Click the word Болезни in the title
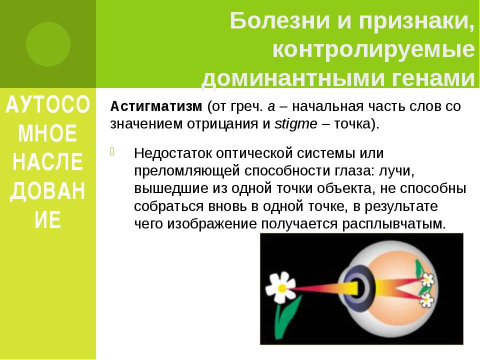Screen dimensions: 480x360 [280, 21]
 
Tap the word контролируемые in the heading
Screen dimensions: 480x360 [373, 49]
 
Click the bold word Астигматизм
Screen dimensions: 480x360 [156, 106]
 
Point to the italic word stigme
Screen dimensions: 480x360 [295, 124]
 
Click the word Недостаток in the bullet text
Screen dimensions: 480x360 [172, 153]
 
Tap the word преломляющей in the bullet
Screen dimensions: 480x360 [186, 171]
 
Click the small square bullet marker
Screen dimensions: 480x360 [112, 151]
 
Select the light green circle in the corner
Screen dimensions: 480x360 [48, 44]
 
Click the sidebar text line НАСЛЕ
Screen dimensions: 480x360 [48, 161]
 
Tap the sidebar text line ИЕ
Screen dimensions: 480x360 [48, 220]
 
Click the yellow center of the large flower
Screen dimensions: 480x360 [282, 288]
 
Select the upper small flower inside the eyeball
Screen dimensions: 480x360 [427, 279]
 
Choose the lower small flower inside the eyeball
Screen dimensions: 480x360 [426, 300]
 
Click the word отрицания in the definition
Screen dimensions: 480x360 [228, 124]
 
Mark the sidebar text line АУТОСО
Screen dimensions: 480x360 [48, 104]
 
